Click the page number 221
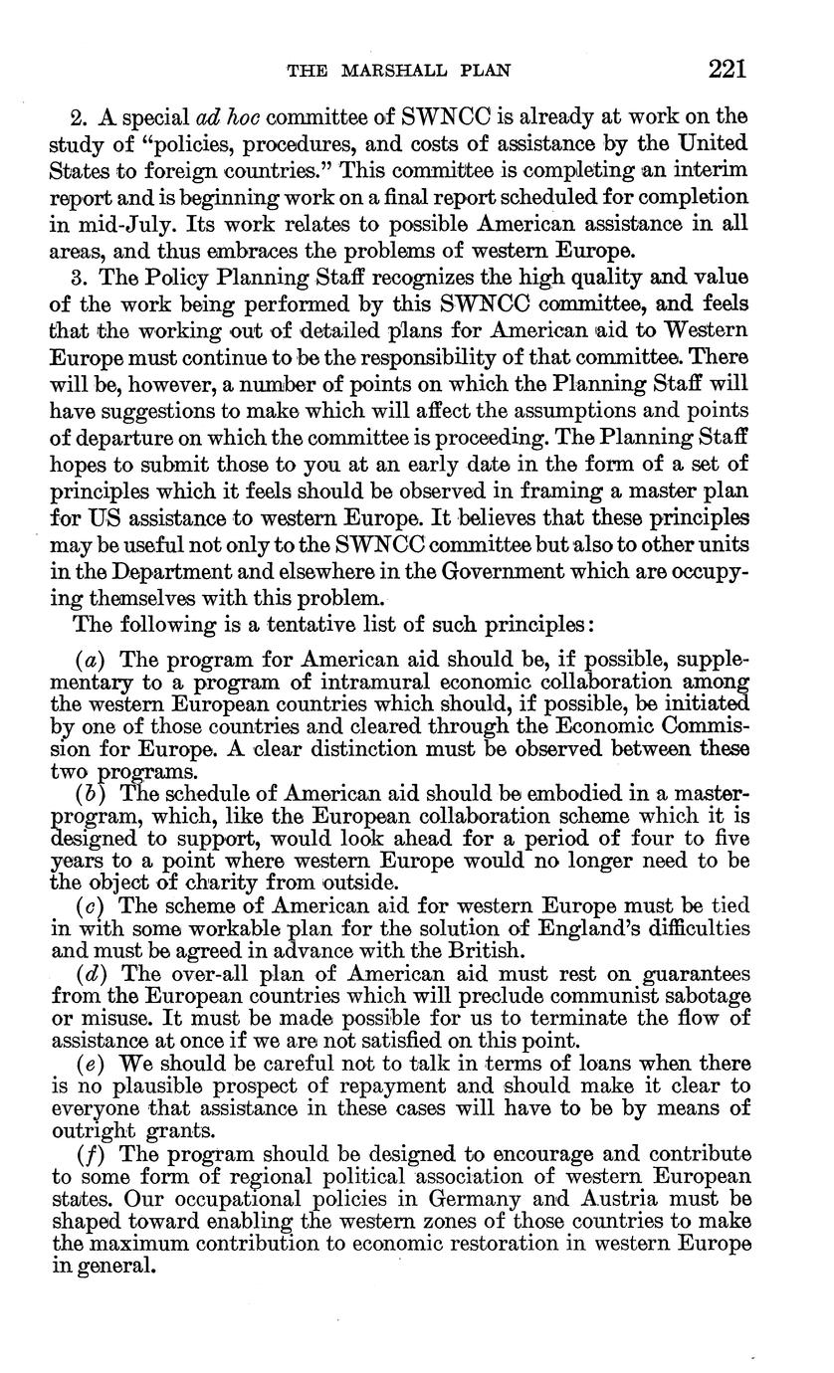click(728, 69)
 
